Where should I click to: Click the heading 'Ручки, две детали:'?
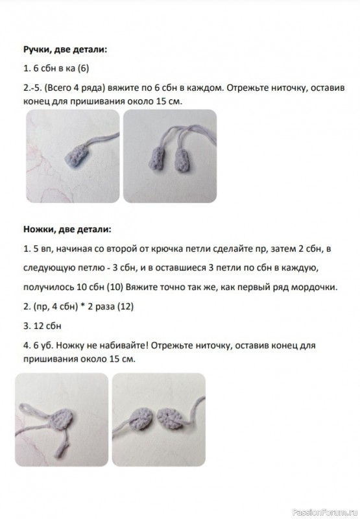pyautogui.click(x=65, y=49)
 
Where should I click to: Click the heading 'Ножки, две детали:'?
pyautogui.click(x=67, y=229)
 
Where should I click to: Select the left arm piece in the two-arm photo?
pyautogui.click(x=158, y=157)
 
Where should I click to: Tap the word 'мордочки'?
pyautogui.click(x=310, y=287)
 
